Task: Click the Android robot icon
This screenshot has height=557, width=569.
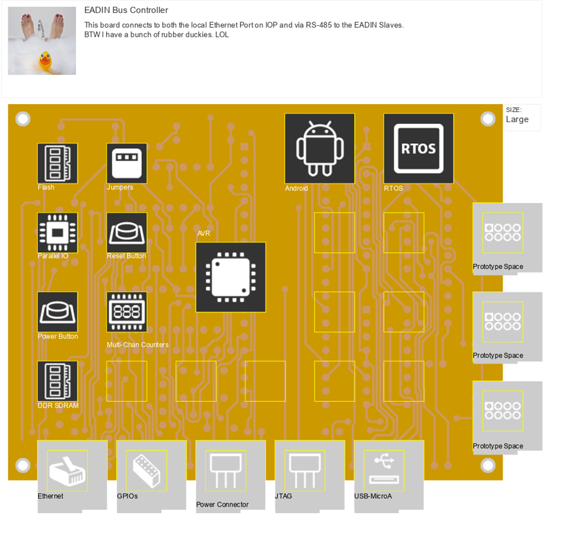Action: (x=320, y=149)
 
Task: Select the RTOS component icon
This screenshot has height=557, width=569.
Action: (x=418, y=149)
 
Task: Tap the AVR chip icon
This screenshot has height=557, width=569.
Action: (x=231, y=277)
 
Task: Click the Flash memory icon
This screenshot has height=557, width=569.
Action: (x=58, y=164)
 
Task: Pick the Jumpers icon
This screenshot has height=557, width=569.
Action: (x=127, y=164)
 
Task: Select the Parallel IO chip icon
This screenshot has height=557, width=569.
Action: (x=58, y=233)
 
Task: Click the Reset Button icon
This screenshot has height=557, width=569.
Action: (x=127, y=233)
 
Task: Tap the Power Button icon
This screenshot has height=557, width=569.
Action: (x=58, y=312)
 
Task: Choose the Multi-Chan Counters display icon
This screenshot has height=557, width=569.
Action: (x=127, y=312)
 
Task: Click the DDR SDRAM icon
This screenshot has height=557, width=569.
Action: (x=58, y=382)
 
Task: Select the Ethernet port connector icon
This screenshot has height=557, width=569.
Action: (x=68, y=471)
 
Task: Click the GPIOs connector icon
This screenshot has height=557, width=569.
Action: (x=146, y=471)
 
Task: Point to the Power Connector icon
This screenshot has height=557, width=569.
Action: (x=226, y=471)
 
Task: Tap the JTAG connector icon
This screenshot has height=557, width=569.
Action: (x=305, y=471)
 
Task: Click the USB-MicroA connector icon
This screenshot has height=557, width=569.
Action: (x=384, y=471)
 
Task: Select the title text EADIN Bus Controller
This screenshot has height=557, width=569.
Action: (x=126, y=11)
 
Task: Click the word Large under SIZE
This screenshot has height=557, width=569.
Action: (x=517, y=120)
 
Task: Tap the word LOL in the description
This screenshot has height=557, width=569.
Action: (x=222, y=35)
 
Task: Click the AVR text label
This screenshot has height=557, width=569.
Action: (x=204, y=234)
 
